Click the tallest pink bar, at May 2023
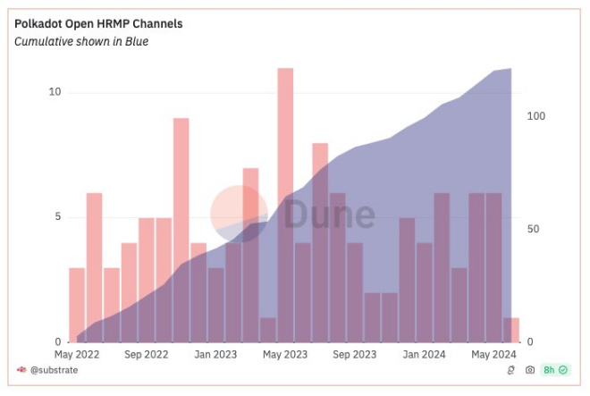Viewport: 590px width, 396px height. click(x=285, y=205)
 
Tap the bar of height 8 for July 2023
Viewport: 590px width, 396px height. click(x=320, y=242)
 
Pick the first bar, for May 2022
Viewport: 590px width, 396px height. click(x=77, y=305)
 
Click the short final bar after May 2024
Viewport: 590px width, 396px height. click(x=511, y=330)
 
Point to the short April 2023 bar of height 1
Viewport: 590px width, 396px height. click(x=267, y=330)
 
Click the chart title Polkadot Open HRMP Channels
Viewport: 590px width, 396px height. click(x=98, y=23)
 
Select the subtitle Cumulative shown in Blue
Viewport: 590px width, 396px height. click(x=81, y=41)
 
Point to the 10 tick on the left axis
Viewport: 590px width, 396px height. click(x=55, y=92)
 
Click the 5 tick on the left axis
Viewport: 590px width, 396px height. click(x=57, y=217)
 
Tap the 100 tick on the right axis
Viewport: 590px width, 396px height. click(x=535, y=117)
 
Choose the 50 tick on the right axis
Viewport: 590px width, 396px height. click(x=533, y=230)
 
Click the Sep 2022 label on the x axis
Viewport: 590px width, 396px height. click(x=147, y=354)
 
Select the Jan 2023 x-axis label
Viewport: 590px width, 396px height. click(x=215, y=354)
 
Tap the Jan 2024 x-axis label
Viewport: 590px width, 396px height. click(x=424, y=354)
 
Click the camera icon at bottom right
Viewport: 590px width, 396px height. click(x=530, y=369)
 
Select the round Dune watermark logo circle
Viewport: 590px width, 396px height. click(x=239, y=214)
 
